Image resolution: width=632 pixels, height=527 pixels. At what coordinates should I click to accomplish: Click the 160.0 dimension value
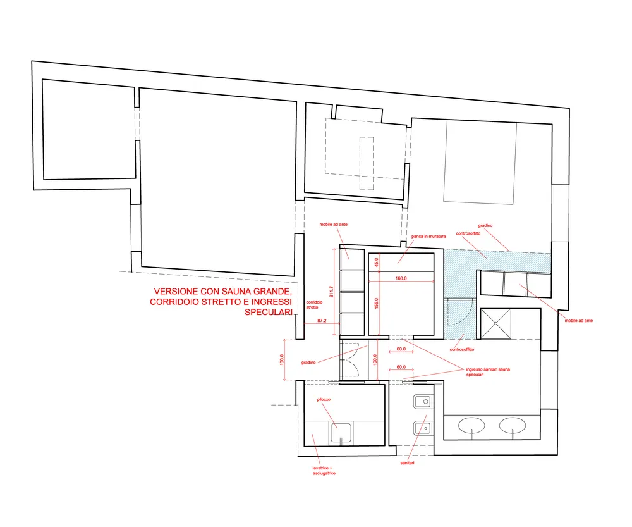[401, 278]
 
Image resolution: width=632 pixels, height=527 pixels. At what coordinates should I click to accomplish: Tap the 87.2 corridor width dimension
[322, 321]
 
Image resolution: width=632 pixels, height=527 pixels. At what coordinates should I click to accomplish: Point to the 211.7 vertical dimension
[331, 292]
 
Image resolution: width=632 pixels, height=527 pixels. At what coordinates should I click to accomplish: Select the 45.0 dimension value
[377, 263]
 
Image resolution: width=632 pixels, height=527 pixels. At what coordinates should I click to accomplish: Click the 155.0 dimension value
[377, 303]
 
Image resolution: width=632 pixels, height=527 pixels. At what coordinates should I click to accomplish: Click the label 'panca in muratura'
[428, 236]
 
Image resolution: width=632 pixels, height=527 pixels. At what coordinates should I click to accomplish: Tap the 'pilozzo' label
[324, 399]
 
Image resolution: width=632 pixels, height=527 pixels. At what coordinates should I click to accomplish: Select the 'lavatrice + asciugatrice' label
[324, 471]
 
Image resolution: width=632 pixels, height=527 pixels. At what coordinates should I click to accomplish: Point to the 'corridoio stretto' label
[314, 305]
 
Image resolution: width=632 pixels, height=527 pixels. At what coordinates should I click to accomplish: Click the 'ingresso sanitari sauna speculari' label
[488, 371]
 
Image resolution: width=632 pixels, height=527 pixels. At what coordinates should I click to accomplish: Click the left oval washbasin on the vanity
[471, 425]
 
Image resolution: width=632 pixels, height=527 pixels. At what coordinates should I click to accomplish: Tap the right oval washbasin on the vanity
[513, 425]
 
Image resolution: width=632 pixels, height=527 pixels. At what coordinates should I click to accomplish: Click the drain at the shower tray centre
[495, 324]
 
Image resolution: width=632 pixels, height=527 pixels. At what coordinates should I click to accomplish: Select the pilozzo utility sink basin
[341, 433]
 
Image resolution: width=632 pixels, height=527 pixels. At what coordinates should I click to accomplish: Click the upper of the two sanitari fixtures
[423, 402]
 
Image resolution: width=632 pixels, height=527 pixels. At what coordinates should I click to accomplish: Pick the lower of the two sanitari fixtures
[423, 428]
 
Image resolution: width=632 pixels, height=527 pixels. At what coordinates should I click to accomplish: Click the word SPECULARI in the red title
[269, 312]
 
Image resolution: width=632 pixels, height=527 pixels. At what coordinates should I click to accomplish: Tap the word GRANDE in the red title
[271, 292]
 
